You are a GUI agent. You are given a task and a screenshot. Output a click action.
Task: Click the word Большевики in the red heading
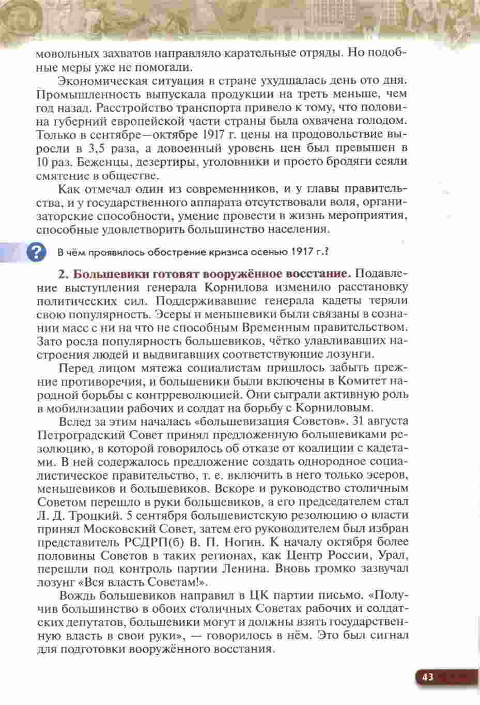[105, 273]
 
